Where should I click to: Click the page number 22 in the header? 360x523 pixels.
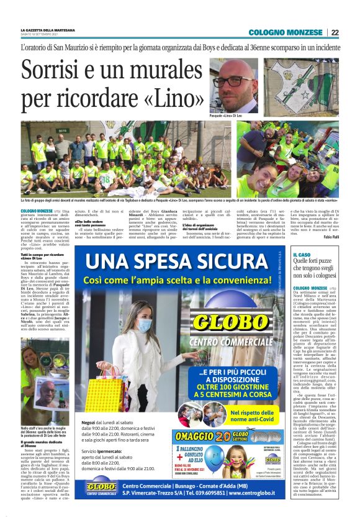coord(335,32)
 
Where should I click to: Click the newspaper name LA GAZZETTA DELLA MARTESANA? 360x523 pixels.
coord(47,30)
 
